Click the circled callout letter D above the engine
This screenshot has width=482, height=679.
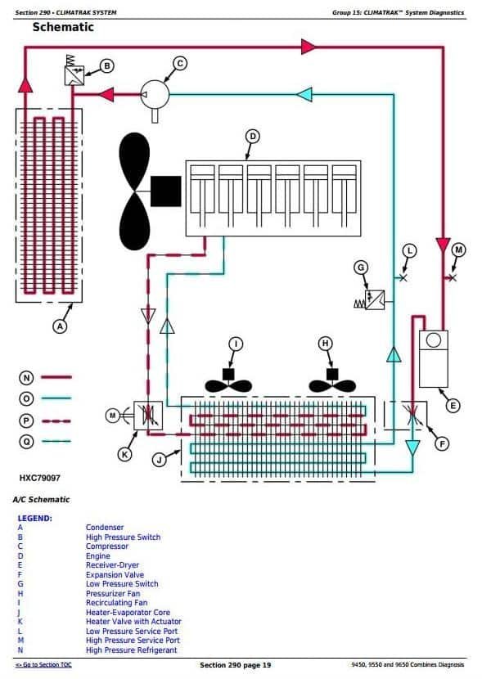pos(253,135)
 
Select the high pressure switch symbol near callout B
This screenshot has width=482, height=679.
pos(74,76)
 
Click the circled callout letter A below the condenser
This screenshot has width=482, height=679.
pos(59,326)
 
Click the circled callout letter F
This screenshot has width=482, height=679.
pos(442,444)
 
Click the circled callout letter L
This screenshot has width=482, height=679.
pos(410,249)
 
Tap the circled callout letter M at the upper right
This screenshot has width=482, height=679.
pos(458,249)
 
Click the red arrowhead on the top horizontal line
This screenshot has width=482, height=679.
pos(309,47)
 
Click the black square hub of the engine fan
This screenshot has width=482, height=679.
pos(166,191)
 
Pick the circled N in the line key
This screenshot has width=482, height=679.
pos(26,377)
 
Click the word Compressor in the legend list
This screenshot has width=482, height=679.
pos(107,546)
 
